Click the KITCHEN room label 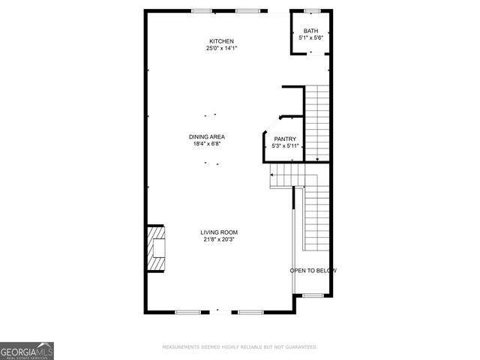tap(221, 41)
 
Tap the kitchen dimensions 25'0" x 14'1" tap(221, 49)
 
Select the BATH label tap(310, 31)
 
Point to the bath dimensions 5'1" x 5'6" tap(310, 37)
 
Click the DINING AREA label tap(207, 136)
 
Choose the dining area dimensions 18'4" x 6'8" tap(207, 144)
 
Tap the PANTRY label tap(285, 139)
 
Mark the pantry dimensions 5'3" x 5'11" tap(285, 145)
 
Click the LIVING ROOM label tap(218, 232)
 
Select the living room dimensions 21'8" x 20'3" tap(218, 240)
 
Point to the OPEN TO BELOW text tap(313, 271)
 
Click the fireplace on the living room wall tap(155, 250)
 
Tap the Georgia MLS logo tap(27, 350)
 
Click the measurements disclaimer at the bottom tap(240, 347)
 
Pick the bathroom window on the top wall tap(312, 10)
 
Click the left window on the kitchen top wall tap(201, 10)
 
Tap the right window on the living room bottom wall tap(250, 311)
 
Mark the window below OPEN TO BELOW tap(313, 295)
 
